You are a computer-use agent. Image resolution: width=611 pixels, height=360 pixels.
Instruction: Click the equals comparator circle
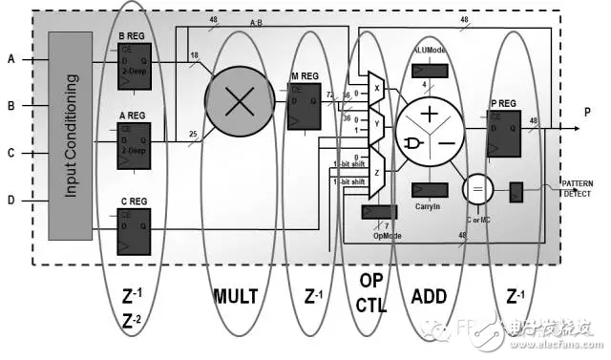tap(475, 189)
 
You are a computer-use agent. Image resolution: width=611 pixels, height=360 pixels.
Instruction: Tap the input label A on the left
tap(11, 59)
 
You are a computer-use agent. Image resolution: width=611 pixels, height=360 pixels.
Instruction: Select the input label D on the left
tap(11, 200)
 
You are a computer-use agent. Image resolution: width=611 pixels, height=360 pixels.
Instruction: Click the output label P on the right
tap(588, 112)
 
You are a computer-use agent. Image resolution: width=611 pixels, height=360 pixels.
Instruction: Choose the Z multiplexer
tap(375, 175)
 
